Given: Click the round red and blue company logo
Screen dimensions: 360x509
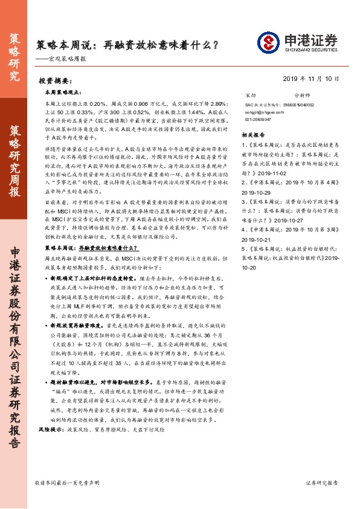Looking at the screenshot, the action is (267, 42).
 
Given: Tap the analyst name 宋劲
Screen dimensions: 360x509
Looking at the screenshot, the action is (251, 96).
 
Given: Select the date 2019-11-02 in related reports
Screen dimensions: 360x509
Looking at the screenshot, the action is (272, 173).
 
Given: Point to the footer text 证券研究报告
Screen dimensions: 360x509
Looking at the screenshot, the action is (323, 484).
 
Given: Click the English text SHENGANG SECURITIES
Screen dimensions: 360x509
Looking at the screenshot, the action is (307, 50).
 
